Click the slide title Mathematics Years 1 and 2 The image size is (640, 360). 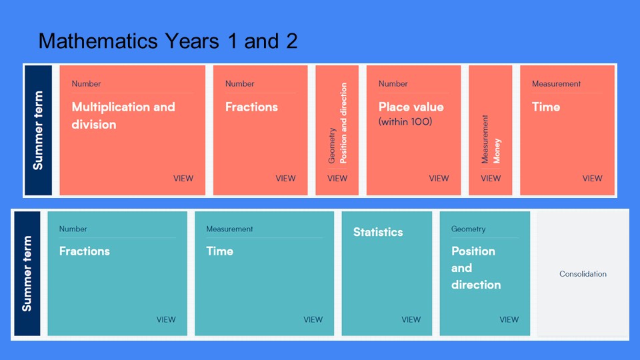[168, 41]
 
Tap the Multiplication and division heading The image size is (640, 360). [123, 115]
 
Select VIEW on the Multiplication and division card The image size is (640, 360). [183, 179]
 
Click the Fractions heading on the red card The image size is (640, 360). [251, 107]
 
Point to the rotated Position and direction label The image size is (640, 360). [343, 123]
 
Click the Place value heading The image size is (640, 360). [411, 107]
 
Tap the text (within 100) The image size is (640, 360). [405, 121]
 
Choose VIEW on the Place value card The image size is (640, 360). [439, 179]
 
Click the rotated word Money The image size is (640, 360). [497, 151]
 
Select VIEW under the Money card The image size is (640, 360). [491, 179]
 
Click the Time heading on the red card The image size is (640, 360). [546, 107]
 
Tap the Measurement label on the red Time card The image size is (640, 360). [556, 84]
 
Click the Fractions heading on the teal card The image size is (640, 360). [85, 251]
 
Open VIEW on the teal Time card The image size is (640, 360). [313, 319]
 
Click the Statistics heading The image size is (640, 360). [378, 232]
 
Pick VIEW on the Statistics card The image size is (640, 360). [411, 319]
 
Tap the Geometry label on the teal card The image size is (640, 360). [468, 229]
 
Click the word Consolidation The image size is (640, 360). [583, 274]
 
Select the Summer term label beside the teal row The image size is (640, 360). [27, 273]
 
